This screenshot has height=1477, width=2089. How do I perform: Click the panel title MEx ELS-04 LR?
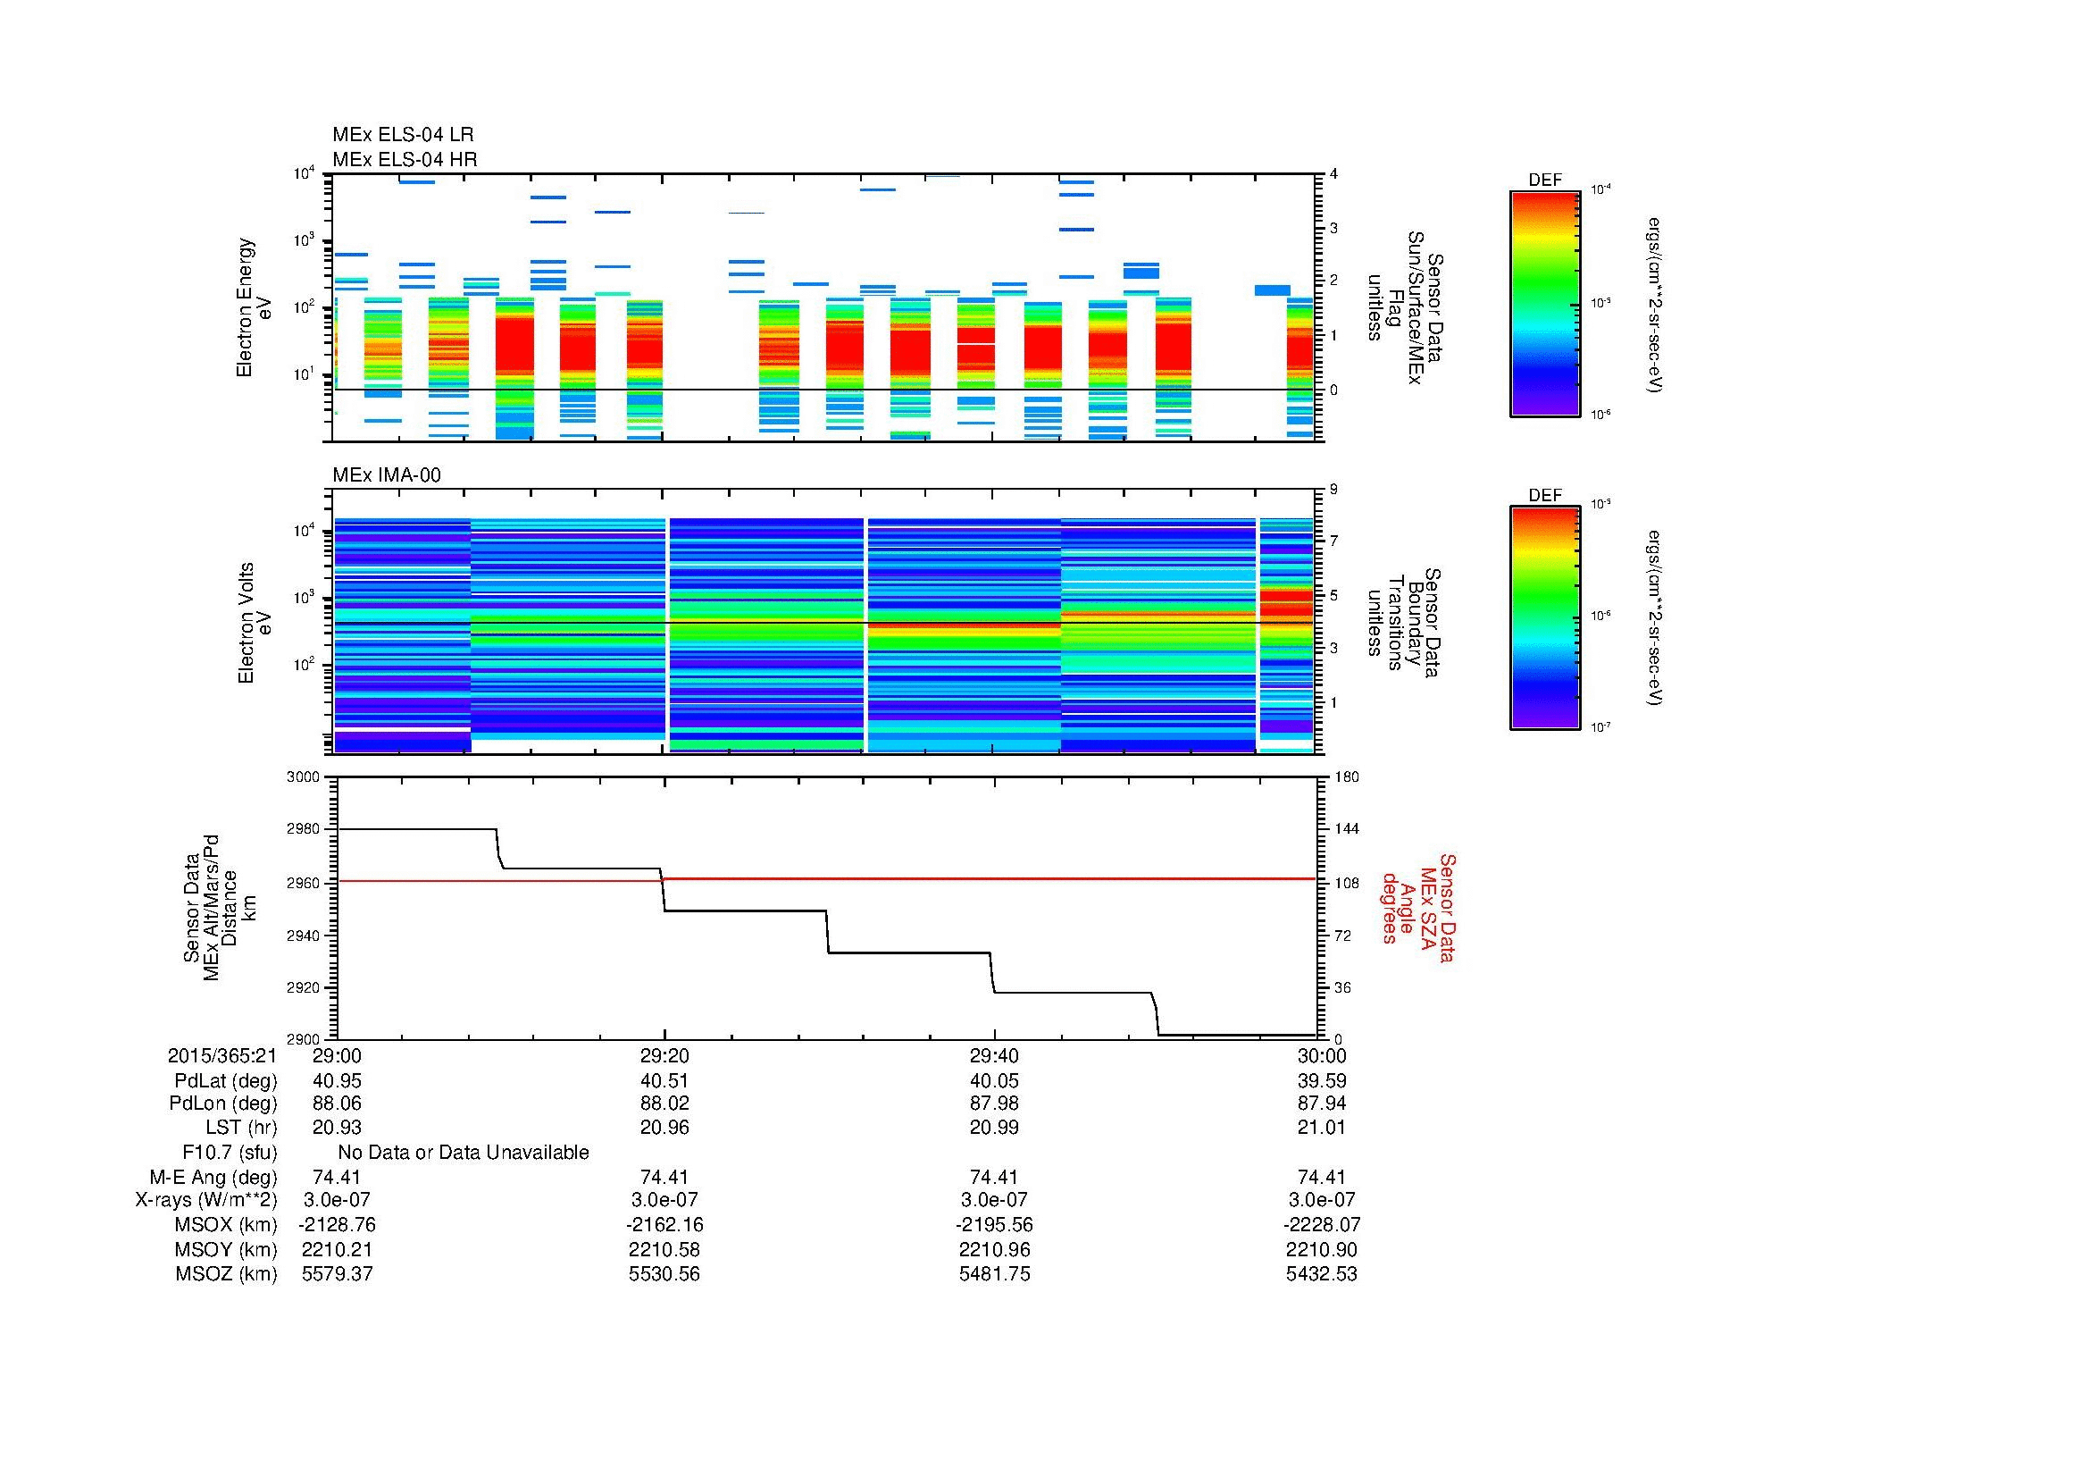pos(402,135)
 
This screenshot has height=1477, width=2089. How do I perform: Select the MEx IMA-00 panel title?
pos(387,475)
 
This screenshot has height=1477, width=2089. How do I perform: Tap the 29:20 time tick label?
pos(664,1055)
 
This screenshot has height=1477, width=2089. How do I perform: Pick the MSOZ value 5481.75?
pos(994,1274)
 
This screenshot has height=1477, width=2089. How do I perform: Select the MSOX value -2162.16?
pos(664,1225)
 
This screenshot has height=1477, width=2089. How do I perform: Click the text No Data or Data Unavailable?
pos(464,1153)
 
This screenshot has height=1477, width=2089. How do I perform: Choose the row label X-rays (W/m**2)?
pos(206,1200)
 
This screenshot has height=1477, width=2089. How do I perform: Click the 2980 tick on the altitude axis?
pos(303,829)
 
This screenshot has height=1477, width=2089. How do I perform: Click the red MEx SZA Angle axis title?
pos(1416,907)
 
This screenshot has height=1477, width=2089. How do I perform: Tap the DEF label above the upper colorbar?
pos(1545,180)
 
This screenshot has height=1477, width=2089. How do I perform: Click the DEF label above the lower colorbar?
pos(1545,495)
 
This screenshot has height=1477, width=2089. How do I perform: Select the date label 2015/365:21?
pos(222,1055)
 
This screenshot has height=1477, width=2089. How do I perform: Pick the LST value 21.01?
pos(1321,1128)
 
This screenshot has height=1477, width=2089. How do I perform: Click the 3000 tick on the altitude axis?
pos(303,777)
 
